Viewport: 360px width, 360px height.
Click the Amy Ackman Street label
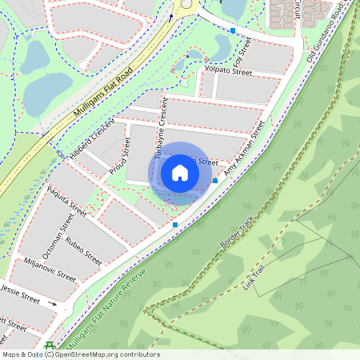243,149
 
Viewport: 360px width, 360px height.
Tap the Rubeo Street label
83,250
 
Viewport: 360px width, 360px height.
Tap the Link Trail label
259,276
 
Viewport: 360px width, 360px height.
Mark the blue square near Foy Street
233,30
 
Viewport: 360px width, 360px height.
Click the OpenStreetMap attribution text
80,354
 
